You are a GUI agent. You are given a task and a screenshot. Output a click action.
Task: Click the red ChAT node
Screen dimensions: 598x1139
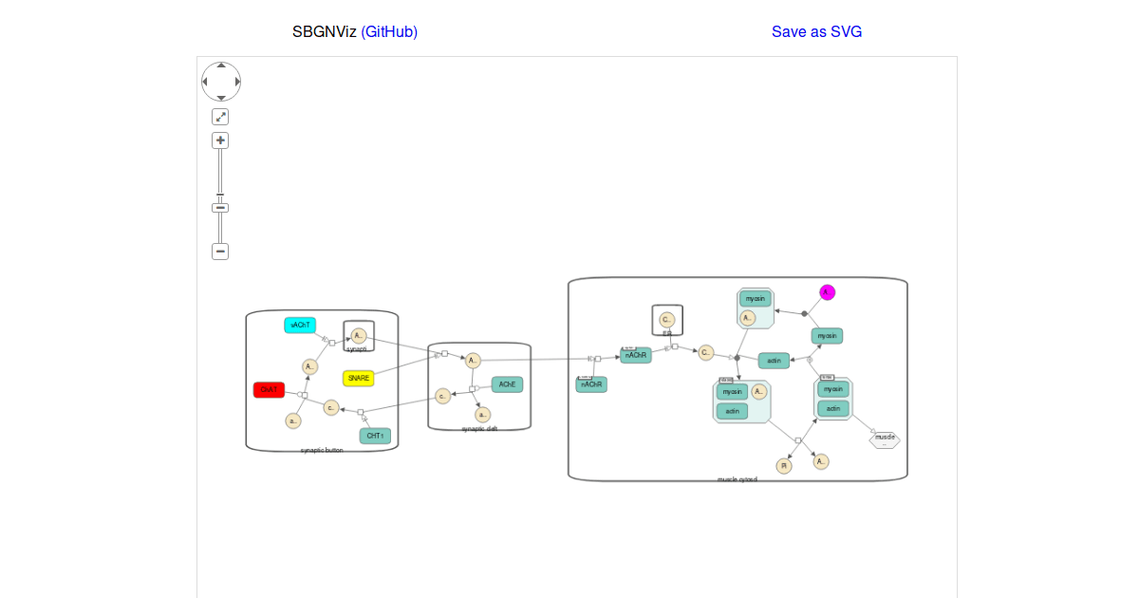pyautogui.click(x=269, y=390)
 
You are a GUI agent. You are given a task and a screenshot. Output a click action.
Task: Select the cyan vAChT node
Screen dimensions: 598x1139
pyautogui.click(x=300, y=326)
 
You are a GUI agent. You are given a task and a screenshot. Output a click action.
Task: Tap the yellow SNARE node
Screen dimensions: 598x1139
pyautogui.click(x=358, y=378)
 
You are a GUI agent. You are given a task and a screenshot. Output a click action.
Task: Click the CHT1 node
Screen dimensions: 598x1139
pyautogui.click(x=375, y=436)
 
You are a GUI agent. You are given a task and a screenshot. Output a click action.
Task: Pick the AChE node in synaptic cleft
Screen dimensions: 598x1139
pyautogui.click(x=507, y=384)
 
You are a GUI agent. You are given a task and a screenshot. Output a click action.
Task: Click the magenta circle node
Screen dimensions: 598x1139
pyautogui.click(x=827, y=292)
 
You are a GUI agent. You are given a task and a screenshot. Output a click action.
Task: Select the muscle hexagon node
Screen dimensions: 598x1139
pyautogui.click(x=885, y=439)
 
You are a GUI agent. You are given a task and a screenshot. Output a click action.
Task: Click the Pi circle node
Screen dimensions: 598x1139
pyautogui.click(x=784, y=466)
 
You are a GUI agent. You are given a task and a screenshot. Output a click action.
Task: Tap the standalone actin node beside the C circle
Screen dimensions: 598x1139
pyautogui.click(x=774, y=361)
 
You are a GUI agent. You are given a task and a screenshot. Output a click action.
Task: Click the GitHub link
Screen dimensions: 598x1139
pyautogui.click(x=389, y=32)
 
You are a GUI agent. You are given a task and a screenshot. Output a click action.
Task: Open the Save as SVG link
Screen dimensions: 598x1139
pyautogui.click(x=816, y=32)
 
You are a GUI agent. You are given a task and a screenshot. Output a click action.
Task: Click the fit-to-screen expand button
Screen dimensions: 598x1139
pyautogui.click(x=220, y=117)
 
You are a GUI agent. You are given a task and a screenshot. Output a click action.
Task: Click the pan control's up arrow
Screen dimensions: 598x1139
pyautogui.click(x=221, y=65)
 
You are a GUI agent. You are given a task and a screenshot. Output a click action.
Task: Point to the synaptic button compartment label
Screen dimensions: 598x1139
pyautogui.click(x=322, y=450)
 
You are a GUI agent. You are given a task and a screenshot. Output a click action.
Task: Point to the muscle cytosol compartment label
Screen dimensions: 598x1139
pyautogui.click(x=737, y=479)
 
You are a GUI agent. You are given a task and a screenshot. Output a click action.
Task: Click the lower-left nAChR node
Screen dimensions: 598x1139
pyautogui.click(x=591, y=384)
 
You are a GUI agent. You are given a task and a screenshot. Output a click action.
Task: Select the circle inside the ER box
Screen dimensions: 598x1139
pyautogui.click(x=666, y=319)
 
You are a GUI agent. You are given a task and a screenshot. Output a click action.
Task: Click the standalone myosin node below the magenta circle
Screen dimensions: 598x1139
pyautogui.click(x=827, y=336)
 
